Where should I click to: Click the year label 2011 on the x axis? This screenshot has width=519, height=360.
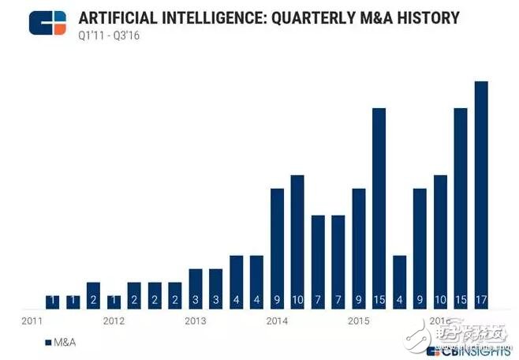32,321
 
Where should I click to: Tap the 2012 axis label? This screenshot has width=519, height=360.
114,321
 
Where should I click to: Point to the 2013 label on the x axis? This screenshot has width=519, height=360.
196,321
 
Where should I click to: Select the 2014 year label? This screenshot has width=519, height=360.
277,321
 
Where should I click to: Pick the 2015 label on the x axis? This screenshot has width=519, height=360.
359,321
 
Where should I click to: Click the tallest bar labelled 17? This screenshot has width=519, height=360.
480,193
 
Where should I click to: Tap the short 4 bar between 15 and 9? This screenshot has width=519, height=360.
399,281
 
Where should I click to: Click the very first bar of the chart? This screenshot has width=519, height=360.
52,302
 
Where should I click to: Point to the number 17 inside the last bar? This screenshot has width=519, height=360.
480,301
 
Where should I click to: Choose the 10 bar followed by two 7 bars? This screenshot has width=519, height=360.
297,241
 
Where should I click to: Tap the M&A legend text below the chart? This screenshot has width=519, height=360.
65,343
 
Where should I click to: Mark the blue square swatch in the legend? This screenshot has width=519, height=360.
49,343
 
